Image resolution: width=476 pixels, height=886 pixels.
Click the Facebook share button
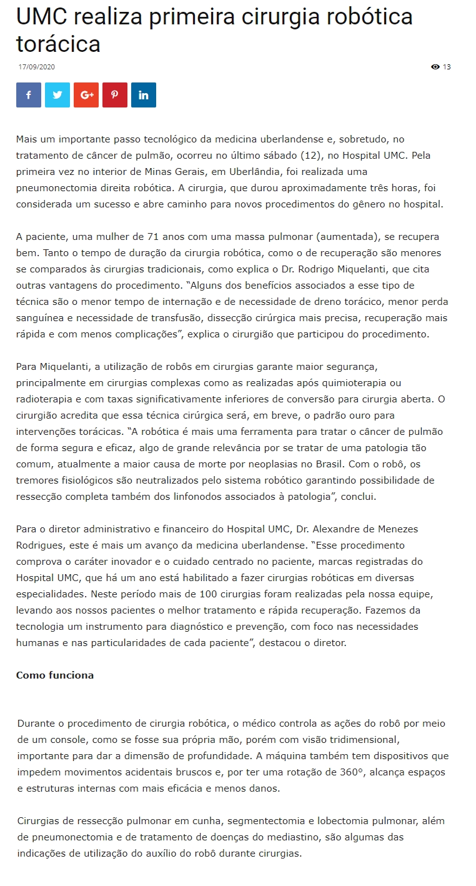[29, 95]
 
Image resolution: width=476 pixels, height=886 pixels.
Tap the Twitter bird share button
[57, 95]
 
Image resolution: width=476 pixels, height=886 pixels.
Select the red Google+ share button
[86, 95]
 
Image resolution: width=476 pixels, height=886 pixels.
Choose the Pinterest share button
[115, 95]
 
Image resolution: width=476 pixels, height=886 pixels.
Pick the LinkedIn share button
[144, 95]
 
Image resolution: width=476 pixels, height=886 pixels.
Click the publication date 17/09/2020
[37, 67]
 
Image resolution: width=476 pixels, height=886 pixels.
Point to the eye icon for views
[435, 67]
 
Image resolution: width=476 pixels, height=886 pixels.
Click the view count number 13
[447, 67]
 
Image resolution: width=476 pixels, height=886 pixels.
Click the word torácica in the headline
[58, 44]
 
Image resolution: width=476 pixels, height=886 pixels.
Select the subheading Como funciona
[55, 675]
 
